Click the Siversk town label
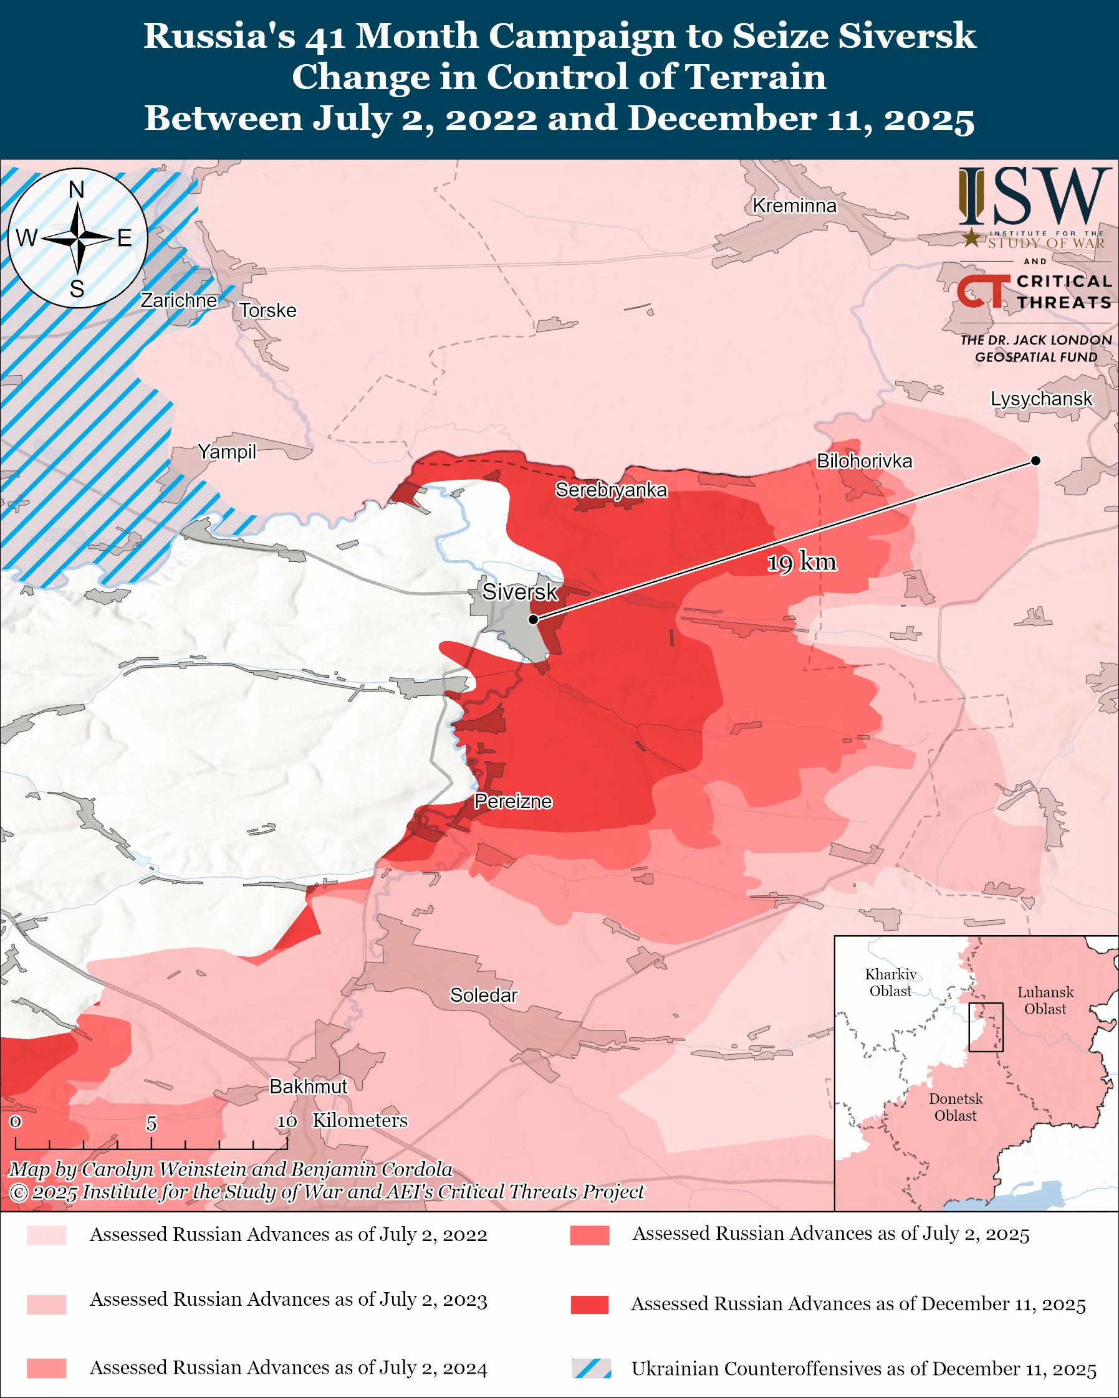pos(520,591)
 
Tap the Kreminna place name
pos(794,206)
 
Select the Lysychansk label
pos(1041,398)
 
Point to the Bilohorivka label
pos(864,461)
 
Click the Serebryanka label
pos(610,490)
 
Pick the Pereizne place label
pos(512,801)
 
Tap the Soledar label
pos(483,995)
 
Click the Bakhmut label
pos(308,1086)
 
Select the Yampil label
pos(227,451)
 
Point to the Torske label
pos(267,311)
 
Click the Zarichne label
pos(178,300)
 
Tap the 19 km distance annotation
pos(802,561)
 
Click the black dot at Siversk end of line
pos(533,619)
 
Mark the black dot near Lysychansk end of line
pos(1035,460)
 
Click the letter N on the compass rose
pos(77,190)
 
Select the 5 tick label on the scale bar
pos(151,1123)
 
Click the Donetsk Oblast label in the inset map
pos(955,1107)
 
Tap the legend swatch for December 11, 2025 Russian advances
pos(589,1304)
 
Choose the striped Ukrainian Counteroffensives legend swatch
pos(591,1368)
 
